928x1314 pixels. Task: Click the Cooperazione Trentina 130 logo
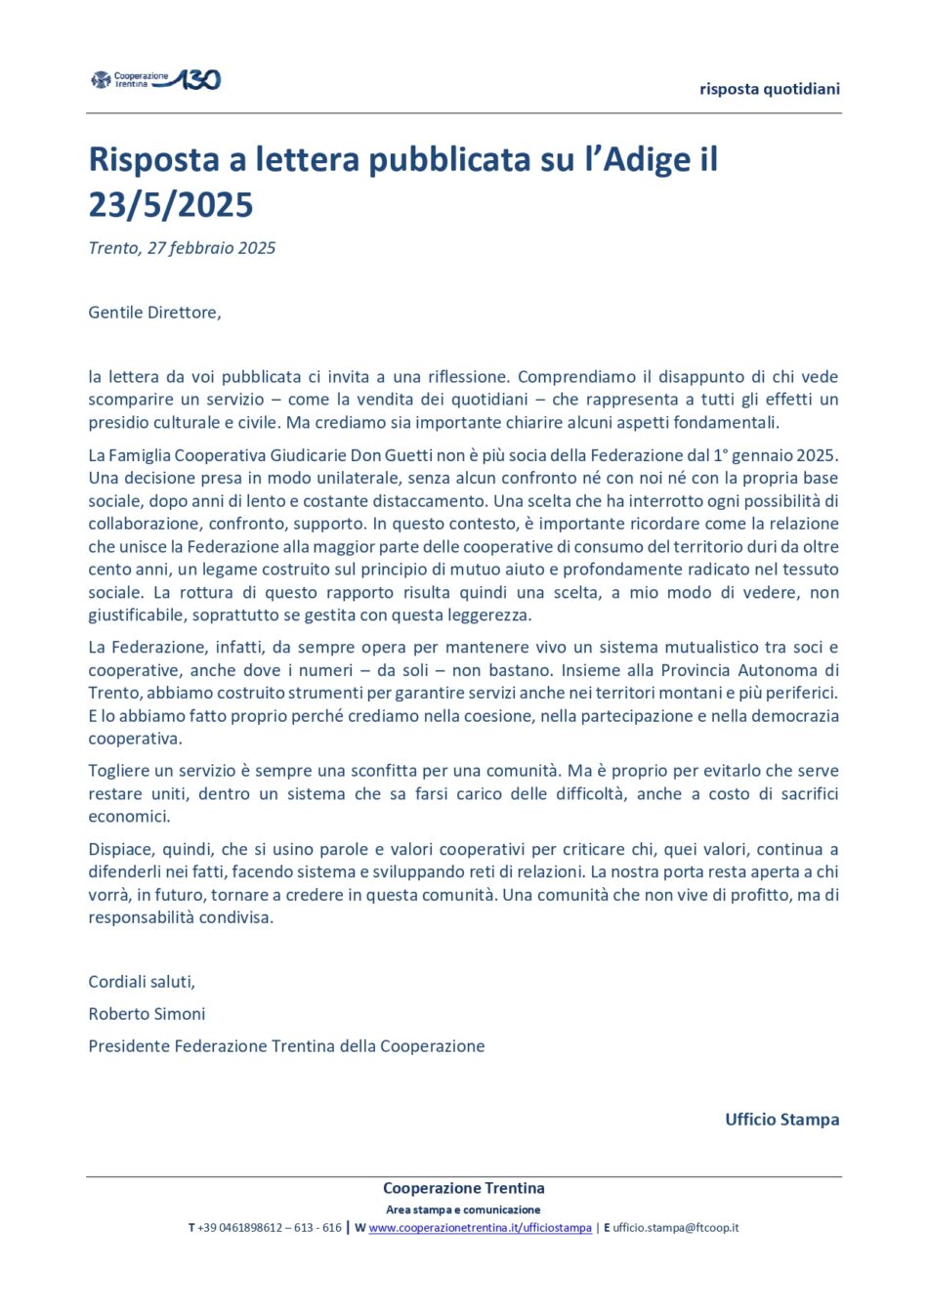pos(156,80)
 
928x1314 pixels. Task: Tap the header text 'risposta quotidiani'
pos(769,89)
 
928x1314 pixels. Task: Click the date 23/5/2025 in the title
pos(171,205)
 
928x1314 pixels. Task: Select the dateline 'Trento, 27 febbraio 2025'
pos(182,248)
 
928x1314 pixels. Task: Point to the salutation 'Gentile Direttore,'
pos(154,313)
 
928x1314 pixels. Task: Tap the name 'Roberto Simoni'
pos(147,1014)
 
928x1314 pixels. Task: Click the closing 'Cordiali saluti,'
pos(142,982)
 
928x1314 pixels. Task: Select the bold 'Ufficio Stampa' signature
pos(781,1120)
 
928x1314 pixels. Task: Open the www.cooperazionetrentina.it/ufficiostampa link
pos(480,1228)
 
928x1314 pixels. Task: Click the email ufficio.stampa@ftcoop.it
pos(675,1228)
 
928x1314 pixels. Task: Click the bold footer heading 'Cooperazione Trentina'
pos(463,1189)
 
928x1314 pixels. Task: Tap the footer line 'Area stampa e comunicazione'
pos(463,1209)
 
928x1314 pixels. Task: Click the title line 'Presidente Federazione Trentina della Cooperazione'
pos(286,1046)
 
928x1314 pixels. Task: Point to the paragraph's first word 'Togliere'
pos(121,771)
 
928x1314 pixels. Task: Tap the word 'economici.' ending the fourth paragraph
pos(129,817)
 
